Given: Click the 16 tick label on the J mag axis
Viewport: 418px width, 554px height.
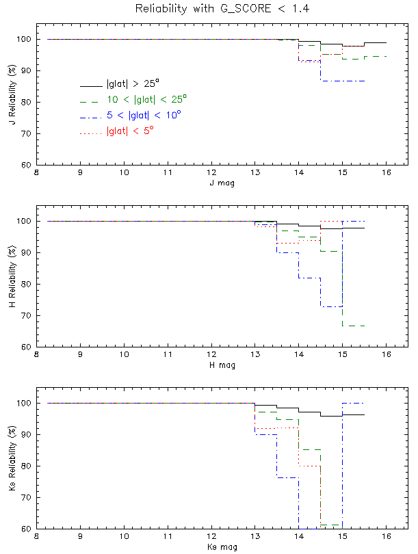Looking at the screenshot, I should (387, 173).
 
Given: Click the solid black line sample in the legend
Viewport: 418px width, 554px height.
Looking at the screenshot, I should (91, 86).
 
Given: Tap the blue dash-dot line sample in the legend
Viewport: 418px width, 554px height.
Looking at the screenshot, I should (91, 117).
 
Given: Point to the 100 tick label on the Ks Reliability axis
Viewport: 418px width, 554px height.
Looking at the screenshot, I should (22, 403).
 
